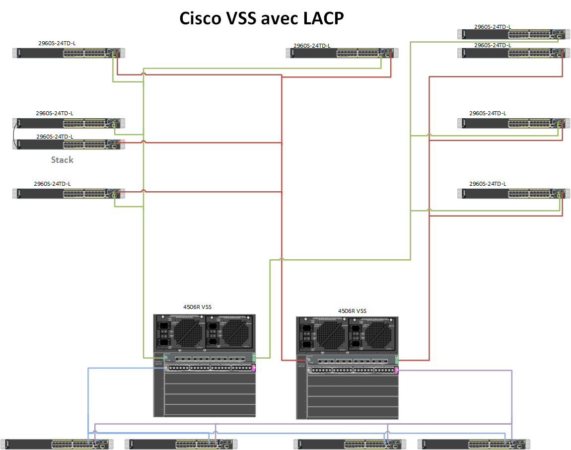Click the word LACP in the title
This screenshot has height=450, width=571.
point(316,19)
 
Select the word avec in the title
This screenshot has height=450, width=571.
point(266,19)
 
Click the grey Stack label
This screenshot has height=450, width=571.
point(62,160)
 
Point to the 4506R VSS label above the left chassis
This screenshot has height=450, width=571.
point(198,307)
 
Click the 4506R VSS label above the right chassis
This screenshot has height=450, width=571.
point(352,311)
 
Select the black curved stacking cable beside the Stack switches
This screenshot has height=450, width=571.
point(13,134)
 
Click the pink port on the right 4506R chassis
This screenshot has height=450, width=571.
point(396,370)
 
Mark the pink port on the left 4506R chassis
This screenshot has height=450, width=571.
point(254,368)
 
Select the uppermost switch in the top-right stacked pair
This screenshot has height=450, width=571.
point(511,34)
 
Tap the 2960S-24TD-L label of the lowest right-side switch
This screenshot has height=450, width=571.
point(488,184)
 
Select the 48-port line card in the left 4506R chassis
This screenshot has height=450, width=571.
point(209,368)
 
